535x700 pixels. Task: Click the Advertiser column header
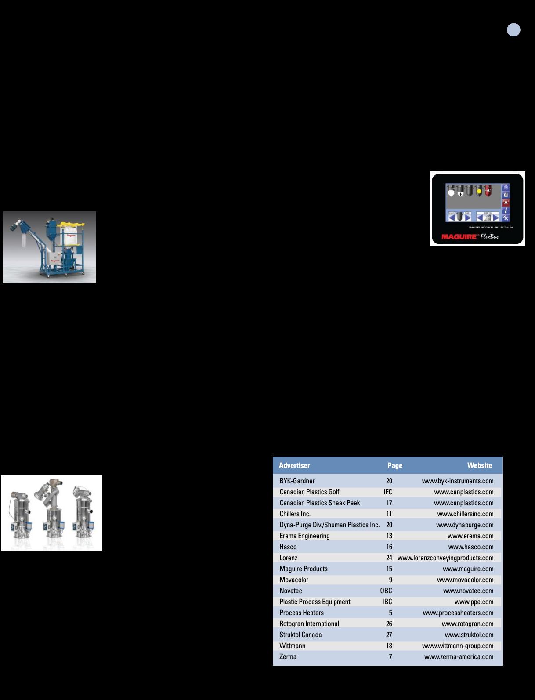[x=294, y=465]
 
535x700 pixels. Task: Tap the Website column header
[x=479, y=465]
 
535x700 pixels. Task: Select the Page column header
[x=394, y=465]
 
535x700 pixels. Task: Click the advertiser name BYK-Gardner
[x=297, y=481]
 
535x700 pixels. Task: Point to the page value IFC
[x=387, y=492]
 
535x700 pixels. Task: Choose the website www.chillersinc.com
[x=465, y=514]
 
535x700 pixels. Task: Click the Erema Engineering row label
[x=304, y=536]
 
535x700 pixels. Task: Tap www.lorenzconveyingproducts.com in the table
[x=445, y=558]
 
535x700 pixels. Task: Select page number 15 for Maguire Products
[x=389, y=569]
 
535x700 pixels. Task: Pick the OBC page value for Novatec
[x=386, y=591]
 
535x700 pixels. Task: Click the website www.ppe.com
[x=474, y=602]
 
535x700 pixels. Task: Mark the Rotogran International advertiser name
[x=309, y=624]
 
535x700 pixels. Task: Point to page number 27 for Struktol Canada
[x=389, y=635]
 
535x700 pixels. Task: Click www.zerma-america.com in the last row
[x=459, y=656]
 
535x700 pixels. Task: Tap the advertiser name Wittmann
[x=292, y=646]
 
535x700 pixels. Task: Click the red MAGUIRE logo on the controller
[x=459, y=237]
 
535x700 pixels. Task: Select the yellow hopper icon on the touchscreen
[x=479, y=191]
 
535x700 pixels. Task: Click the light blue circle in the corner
[x=513, y=30]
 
